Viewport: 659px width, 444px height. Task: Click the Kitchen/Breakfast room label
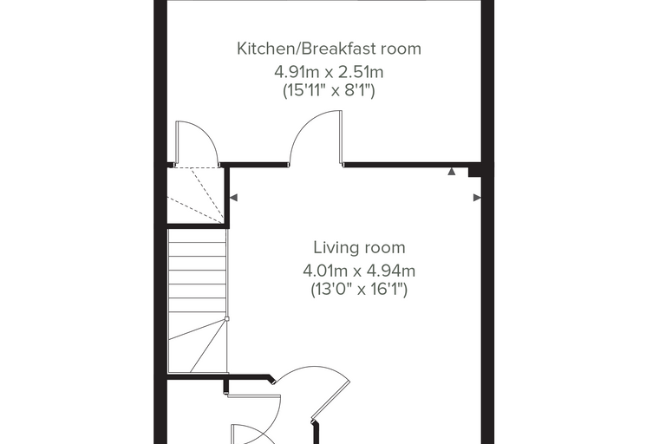[329, 49]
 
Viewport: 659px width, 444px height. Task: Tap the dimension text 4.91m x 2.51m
[329, 72]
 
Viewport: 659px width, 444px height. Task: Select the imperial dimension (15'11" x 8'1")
[329, 90]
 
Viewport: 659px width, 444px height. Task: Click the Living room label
[359, 248]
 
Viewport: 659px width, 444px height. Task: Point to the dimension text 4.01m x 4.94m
[359, 271]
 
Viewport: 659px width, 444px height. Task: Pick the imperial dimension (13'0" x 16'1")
[359, 290]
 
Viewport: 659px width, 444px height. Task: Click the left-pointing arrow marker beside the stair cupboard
[233, 198]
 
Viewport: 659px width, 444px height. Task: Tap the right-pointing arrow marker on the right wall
[477, 198]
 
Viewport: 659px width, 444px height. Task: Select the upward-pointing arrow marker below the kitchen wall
[452, 171]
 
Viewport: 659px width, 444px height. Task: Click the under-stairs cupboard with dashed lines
[195, 195]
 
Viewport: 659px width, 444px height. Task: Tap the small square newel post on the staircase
[227, 319]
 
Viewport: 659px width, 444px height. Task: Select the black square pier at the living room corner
[475, 171]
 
